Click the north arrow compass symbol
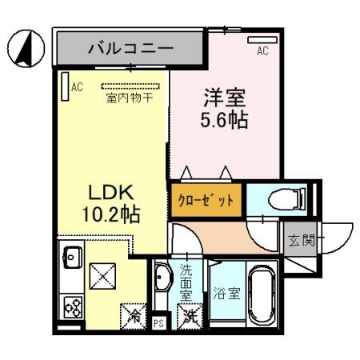tap(24, 49)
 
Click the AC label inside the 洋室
tap(262, 51)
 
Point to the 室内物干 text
tap(130, 98)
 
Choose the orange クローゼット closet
tap(206, 201)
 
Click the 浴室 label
tap(226, 294)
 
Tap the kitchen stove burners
tap(70, 306)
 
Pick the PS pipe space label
tap(159, 324)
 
